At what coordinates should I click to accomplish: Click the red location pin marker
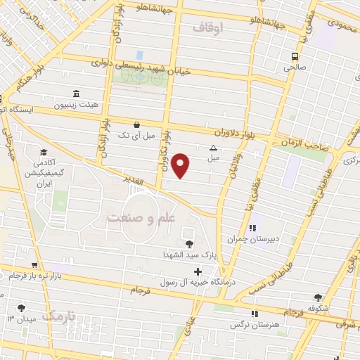pos(181,166)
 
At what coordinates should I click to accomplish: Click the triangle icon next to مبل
pos(214,148)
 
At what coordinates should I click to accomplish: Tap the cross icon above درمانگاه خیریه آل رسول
pos(198,271)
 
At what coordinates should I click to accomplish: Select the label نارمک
pos(58,317)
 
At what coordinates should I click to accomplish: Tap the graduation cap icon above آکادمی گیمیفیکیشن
pos(44,153)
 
